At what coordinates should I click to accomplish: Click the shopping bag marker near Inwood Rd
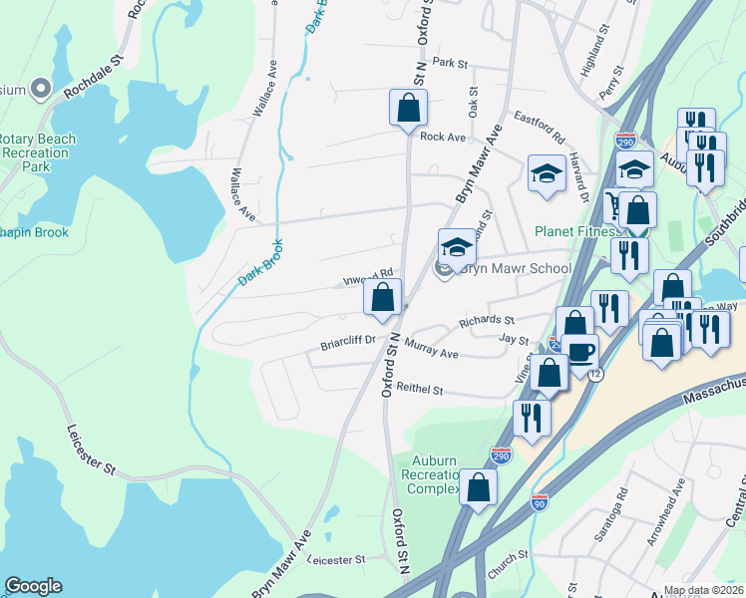pyautogui.click(x=383, y=296)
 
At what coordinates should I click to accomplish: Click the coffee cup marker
pyautogui.click(x=579, y=350)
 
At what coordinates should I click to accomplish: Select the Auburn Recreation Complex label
pyautogui.click(x=430, y=474)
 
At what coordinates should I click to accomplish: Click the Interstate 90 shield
pyautogui.click(x=540, y=503)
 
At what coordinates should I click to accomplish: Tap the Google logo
pyautogui.click(x=33, y=586)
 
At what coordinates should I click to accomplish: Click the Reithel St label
pyautogui.click(x=419, y=388)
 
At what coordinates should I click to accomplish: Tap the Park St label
pyautogui.click(x=450, y=63)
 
